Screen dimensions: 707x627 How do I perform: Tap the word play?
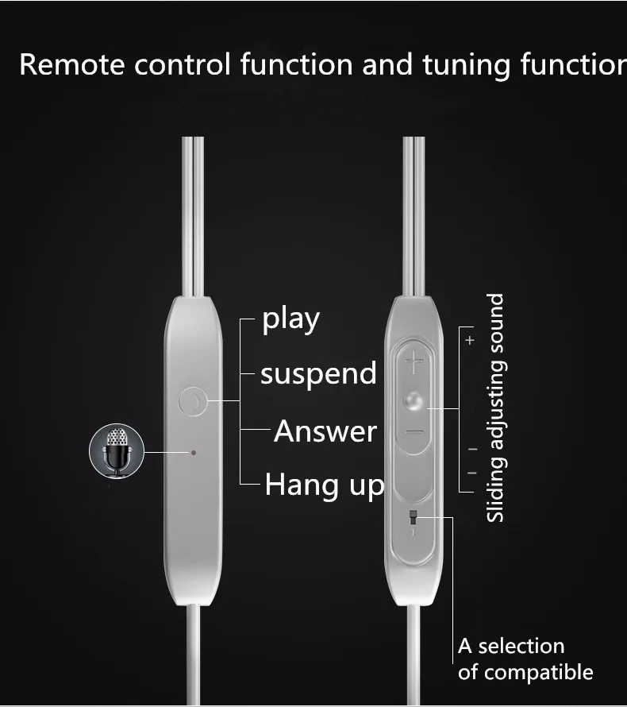click(291, 319)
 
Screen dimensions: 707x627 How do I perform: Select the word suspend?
click(318, 373)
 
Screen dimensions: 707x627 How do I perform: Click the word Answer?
click(325, 431)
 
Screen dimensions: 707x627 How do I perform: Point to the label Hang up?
click(324, 484)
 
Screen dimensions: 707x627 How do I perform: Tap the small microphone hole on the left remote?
click(193, 453)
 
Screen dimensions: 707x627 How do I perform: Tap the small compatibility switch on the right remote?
click(413, 519)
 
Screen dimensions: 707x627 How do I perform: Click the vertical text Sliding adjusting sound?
click(495, 408)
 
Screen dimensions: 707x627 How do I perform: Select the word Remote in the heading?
click(71, 65)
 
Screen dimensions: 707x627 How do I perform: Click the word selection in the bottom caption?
click(521, 646)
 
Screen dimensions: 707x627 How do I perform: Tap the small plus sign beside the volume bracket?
click(470, 340)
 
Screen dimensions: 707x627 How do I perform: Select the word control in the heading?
click(182, 65)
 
